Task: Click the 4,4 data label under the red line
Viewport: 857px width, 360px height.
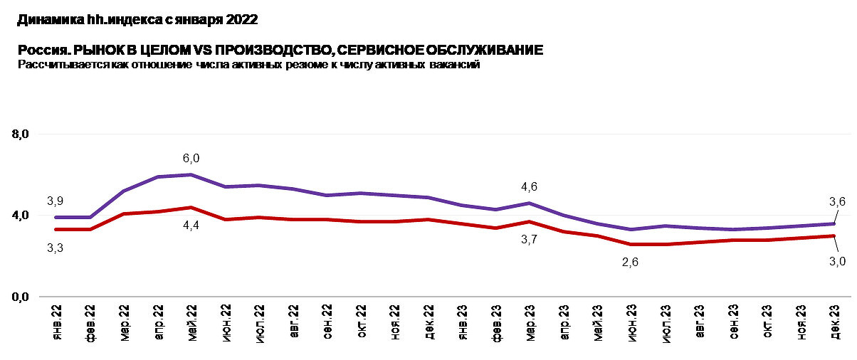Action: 191,224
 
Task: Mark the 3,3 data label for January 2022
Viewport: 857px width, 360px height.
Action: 56,247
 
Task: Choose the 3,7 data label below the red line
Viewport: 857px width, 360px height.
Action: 530,240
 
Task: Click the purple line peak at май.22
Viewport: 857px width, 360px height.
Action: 191,174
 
